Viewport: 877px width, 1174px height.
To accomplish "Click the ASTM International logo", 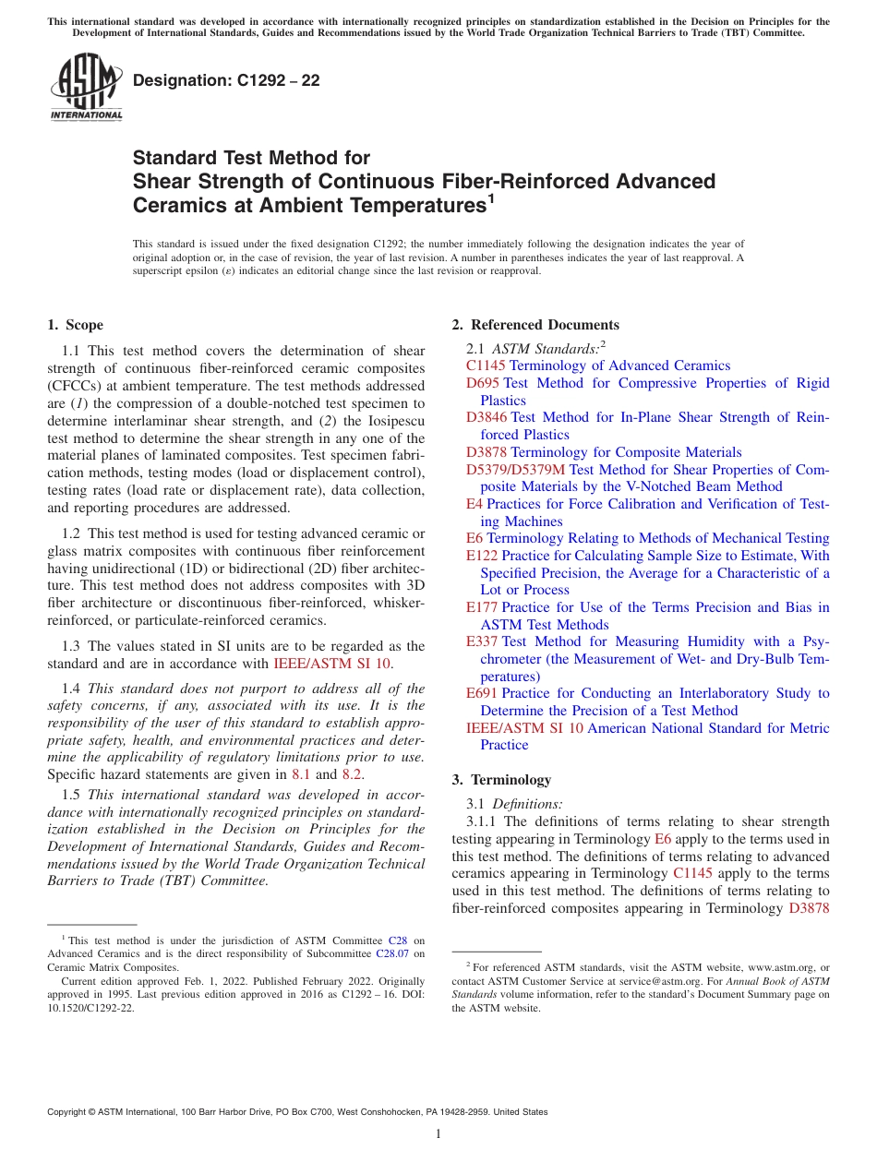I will click(86, 88).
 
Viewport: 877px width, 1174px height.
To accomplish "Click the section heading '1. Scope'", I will click(75, 325).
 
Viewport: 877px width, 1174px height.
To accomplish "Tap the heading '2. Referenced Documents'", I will click(535, 325).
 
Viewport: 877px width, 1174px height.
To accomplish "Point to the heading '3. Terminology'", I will click(501, 780).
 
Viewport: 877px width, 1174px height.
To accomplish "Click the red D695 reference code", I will click(483, 383).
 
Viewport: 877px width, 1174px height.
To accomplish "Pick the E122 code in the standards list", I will click(482, 556).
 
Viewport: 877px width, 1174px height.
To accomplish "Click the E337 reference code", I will click(482, 641).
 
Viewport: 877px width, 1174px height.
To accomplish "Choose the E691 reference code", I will click(482, 693).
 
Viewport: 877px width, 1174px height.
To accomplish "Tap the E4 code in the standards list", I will click(475, 504).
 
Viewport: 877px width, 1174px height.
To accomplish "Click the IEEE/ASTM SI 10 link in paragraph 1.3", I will click(332, 663).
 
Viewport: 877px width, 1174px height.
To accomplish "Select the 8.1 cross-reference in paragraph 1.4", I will click(301, 774).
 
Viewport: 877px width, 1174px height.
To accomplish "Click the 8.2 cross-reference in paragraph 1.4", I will click(352, 774).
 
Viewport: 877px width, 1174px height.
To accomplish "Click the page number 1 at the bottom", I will click(438, 1134).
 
